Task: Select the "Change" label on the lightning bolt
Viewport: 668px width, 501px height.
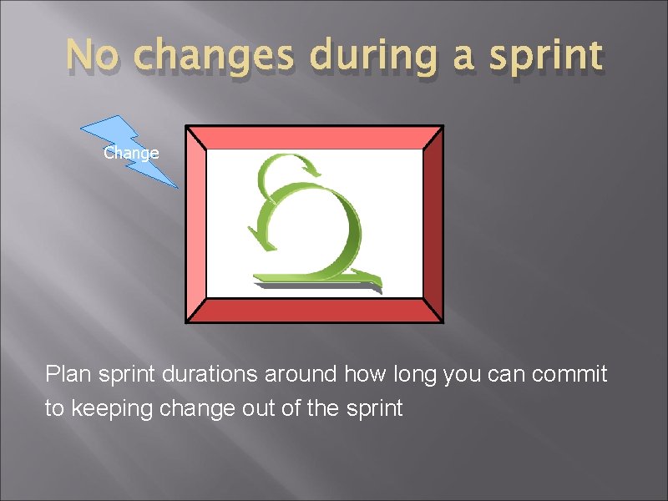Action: pyautogui.click(x=131, y=154)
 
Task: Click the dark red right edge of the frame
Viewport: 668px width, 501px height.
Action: pyautogui.click(x=433, y=224)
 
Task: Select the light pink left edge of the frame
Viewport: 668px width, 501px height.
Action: pyautogui.click(x=195, y=224)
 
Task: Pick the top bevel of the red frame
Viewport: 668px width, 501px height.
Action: pyautogui.click(x=314, y=137)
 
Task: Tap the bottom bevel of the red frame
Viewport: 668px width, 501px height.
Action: pyautogui.click(x=314, y=311)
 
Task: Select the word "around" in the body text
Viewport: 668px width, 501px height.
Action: pyautogui.click(x=301, y=374)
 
